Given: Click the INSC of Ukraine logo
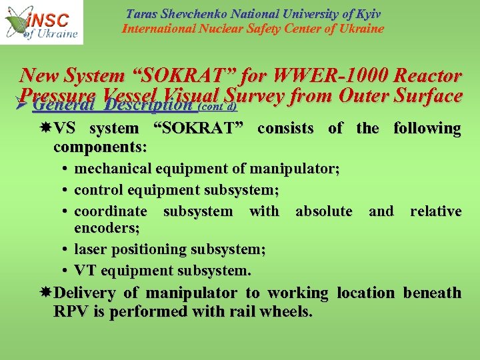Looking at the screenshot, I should pos(41,22).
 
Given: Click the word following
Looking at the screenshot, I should pos(427,128).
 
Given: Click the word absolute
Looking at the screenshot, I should pos(323,211).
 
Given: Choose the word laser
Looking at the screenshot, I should pos(90,249).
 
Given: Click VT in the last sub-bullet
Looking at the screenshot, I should pos(85,270).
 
